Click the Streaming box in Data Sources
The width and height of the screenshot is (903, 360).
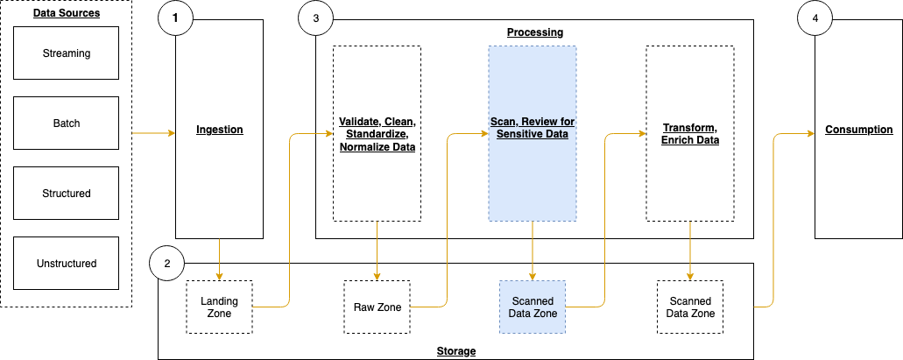[x=66, y=53]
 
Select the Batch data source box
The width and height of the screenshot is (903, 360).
[x=66, y=124]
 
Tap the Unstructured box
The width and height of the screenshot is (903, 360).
[x=66, y=263]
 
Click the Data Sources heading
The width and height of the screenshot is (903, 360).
[x=66, y=13]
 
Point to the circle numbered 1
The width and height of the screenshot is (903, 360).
[x=175, y=18]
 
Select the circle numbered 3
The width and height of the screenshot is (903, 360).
[x=315, y=18]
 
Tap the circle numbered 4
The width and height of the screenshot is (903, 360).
[x=815, y=18]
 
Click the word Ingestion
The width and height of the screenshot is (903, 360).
[x=219, y=130]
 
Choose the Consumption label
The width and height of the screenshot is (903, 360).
[x=858, y=130]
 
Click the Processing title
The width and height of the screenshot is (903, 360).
[x=534, y=32]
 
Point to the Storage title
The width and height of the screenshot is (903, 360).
[x=455, y=351]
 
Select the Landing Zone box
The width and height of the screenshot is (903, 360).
[x=219, y=307]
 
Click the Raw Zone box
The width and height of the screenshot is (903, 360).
[x=377, y=307]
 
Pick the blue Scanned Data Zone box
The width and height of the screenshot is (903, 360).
[x=533, y=307]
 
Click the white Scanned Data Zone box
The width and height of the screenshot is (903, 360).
[x=690, y=307]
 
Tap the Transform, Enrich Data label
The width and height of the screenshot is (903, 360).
[x=689, y=134]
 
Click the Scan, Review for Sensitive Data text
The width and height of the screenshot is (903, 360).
[x=532, y=128]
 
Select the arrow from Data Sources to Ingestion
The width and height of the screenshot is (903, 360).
[x=153, y=134]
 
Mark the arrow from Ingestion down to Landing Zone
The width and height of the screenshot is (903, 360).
[x=219, y=258]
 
